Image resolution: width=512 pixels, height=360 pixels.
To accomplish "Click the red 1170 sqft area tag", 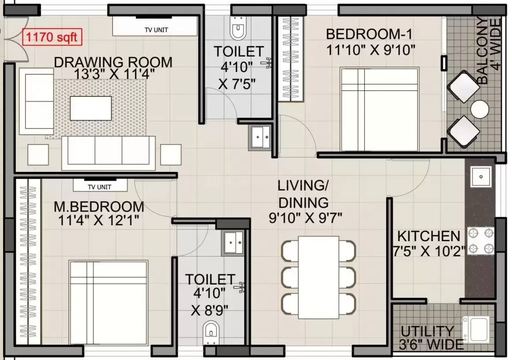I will coord(52,38).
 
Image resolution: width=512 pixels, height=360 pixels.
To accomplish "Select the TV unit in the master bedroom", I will coord(100,186).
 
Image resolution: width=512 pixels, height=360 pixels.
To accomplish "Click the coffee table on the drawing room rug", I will coord(90,108).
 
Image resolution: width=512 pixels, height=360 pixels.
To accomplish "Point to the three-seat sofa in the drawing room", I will coord(108,152).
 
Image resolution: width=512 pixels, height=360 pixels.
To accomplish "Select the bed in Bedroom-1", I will coord(379,110).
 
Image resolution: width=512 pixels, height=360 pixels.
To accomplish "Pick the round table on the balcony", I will coord(479,109).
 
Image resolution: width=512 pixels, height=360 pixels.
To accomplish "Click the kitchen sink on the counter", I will coord(480,177).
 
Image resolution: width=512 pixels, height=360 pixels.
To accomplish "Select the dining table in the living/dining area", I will coord(318,276).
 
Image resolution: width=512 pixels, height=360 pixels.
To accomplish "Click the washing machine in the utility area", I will coord(476,329).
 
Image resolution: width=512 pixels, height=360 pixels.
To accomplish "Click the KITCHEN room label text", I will coord(428,236).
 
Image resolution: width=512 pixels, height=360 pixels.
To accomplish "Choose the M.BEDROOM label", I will coord(99,207).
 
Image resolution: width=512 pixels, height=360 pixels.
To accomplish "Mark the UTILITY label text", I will coord(427,331).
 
